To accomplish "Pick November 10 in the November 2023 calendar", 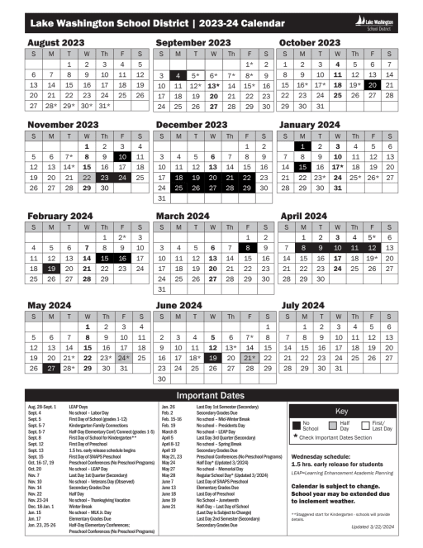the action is point(123,156).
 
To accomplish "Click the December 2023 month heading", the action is point(192,125).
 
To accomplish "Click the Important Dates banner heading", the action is point(211,395).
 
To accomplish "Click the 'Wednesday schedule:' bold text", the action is point(318,455).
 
